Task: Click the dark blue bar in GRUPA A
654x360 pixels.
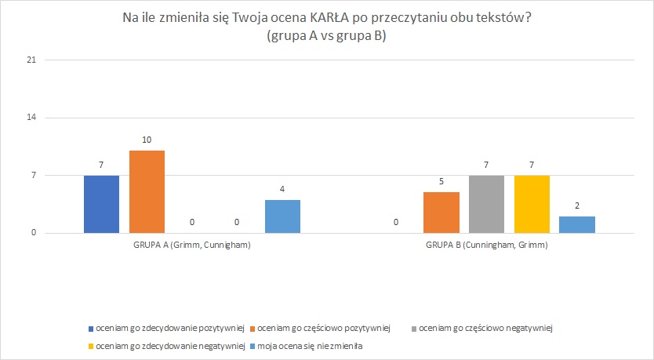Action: point(101,204)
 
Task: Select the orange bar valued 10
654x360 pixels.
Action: point(147,191)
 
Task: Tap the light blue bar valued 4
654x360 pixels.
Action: point(282,216)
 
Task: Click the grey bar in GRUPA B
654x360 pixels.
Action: point(486,204)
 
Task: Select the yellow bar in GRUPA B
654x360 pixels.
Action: point(532,204)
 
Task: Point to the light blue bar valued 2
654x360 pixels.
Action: point(577,224)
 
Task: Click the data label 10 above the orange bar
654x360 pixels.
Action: point(147,140)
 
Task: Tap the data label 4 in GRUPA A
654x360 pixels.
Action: point(282,190)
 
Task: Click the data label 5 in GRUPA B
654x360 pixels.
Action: point(441,181)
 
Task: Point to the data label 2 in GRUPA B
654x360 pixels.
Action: point(577,206)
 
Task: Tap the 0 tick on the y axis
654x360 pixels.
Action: point(33,233)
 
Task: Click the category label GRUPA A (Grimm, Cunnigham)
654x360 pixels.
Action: point(192,245)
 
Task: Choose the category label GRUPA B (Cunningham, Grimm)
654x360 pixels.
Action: point(486,245)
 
